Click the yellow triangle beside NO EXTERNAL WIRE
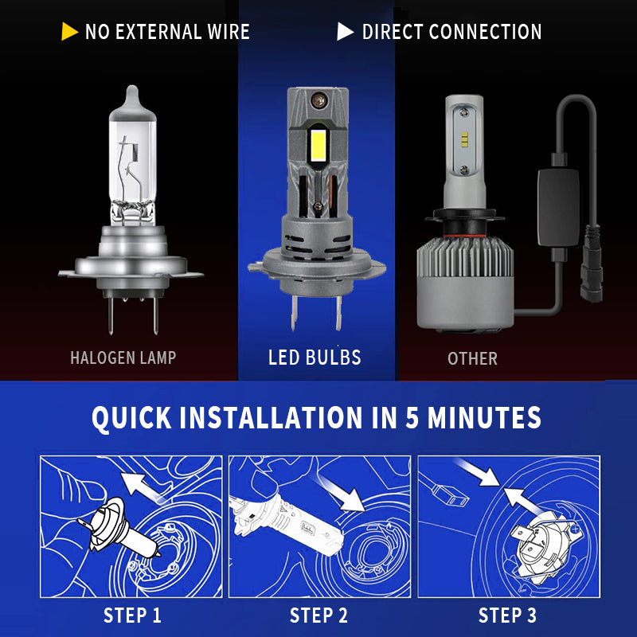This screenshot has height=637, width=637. (69, 32)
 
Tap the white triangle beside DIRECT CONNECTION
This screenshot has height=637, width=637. (345, 32)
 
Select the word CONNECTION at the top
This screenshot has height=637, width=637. (485, 32)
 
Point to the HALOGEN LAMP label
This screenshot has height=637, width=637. (123, 358)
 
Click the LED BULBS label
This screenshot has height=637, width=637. (315, 358)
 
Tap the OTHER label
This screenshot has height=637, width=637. (472, 359)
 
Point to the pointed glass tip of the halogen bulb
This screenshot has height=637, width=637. (132, 92)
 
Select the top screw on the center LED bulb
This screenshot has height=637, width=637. (318, 100)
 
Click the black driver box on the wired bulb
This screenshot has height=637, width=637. (559, 207)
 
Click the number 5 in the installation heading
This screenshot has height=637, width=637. (412, 417)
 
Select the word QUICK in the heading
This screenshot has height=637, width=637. (131, 419)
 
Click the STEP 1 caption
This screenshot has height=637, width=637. (132, 615)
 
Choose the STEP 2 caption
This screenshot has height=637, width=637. (319, 615)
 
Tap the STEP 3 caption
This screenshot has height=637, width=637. (507, 615)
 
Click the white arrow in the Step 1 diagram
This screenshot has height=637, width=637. (143, 488)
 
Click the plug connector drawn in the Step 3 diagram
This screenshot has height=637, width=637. (450, 494)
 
